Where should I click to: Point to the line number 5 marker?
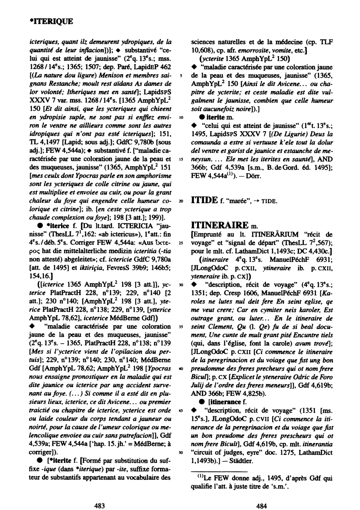coord(181,75)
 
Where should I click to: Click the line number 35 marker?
coord(181,326)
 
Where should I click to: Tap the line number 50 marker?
coord(181,452)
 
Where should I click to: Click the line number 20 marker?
coord(181,201)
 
